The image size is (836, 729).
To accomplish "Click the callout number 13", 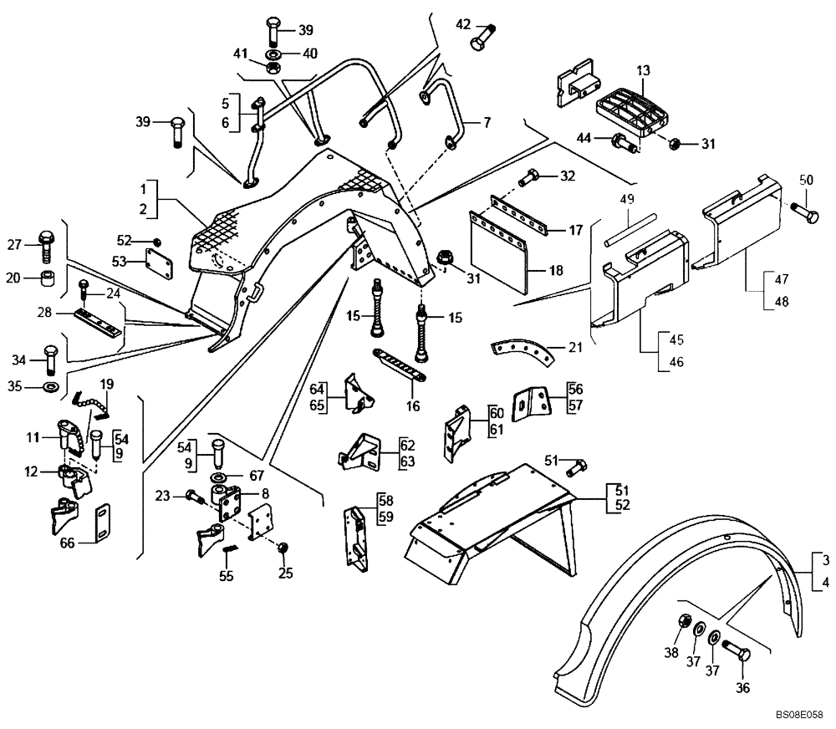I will tap(642, 73).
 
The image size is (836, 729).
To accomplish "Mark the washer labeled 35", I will tap(49, 388).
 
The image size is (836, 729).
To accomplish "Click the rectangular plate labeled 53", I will tap(156, 263).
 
